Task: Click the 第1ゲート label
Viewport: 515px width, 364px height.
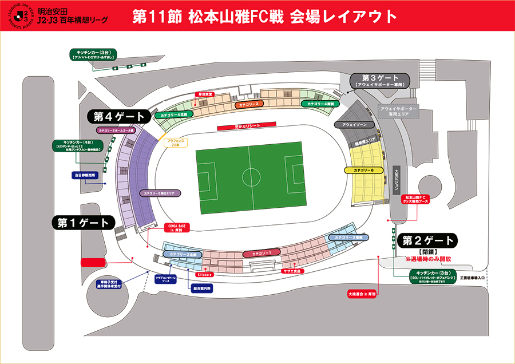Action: tap(83, 223)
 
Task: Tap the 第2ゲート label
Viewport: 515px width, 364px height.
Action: tap(429, 240)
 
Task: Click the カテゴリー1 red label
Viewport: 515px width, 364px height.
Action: tap(261, 253)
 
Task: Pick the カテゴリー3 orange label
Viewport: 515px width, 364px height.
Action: tap(248, 104)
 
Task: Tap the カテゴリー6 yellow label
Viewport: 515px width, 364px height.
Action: tap(363, 170)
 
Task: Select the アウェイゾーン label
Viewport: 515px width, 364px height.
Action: tap(355, 124)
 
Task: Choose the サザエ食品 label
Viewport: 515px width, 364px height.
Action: tap(292, 271)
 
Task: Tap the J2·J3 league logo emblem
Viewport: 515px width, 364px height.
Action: tap(18, 18)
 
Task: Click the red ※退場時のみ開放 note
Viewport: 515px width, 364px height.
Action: tap(429, 259)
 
